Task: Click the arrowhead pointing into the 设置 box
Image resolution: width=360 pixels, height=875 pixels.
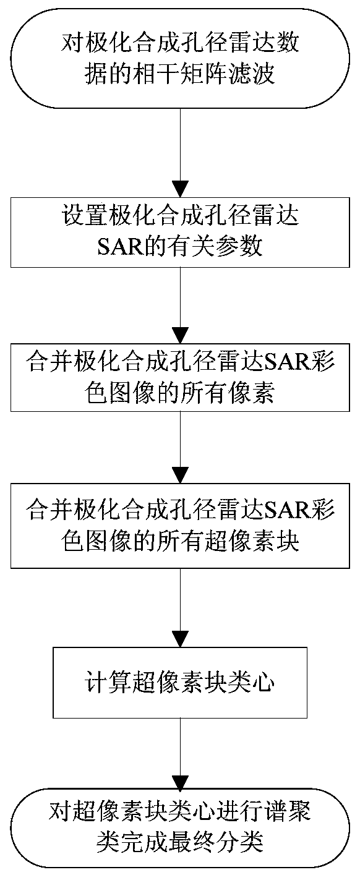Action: point(180,189)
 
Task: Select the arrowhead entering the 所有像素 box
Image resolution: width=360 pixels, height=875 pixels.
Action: point(180,336)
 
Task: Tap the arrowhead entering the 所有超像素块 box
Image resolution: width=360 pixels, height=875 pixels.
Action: point(180,476)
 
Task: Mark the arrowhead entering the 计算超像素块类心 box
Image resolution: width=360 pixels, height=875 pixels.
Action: point(180,639)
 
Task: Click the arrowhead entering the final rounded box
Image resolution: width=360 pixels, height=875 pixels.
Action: point(180,781)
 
